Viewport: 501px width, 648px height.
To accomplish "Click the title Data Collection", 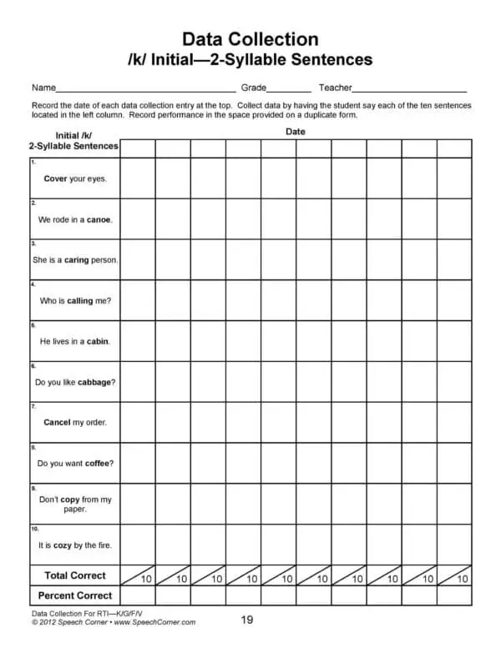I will pyautogui.click(x=250, y=39).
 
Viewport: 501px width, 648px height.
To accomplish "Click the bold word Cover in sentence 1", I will pyautogui.click(x=55, y=179).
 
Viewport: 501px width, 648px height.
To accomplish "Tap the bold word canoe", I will pyautogui.click(x=99, y=220).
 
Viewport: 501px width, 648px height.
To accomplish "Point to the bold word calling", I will pyautogui.click(x=80, y=301).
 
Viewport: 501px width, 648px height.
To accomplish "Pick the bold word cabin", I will pyautogui.click(x=98, y=342).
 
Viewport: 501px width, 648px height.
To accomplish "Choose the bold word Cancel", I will pyautogui.click(x=57, y=423).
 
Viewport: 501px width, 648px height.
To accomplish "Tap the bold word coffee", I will pyautogui.click(x=99, y=464).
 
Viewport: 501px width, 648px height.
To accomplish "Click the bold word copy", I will pyautogui.click(x=70, y=500).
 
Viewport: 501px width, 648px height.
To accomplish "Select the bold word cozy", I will pyautogui.click(x=63, y=545).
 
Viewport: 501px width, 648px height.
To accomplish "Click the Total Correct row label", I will pyautogui.click(x=75, y=575).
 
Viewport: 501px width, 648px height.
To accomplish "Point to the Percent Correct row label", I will pyautogui.click(x=75, y=596).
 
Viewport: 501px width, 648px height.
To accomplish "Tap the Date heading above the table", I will pyautogui.click(x=296, y=132).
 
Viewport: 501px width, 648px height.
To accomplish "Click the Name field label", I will pyautogui.click(x=43, y=88).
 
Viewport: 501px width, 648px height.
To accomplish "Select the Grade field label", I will pyautogui.click(x=254, y=88).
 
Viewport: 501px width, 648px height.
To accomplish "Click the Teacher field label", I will pyautogui.click(x=335, y=88).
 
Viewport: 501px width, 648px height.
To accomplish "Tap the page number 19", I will pyautogui.click(x=247, y=620).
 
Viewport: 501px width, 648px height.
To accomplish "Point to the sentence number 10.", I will pyautogui.click(x=34, y=529).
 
